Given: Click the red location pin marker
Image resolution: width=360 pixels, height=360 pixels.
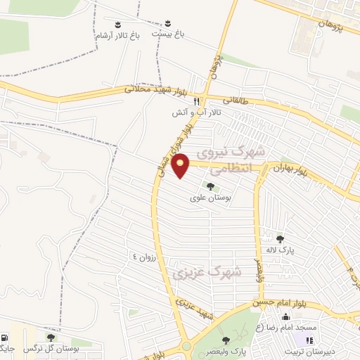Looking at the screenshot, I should click(x=181, y=165).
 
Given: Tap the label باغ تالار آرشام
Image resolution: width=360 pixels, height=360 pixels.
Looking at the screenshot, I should click(x=115, y=34).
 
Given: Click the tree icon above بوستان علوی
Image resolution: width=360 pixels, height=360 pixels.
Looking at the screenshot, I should click(x=210, y=186).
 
